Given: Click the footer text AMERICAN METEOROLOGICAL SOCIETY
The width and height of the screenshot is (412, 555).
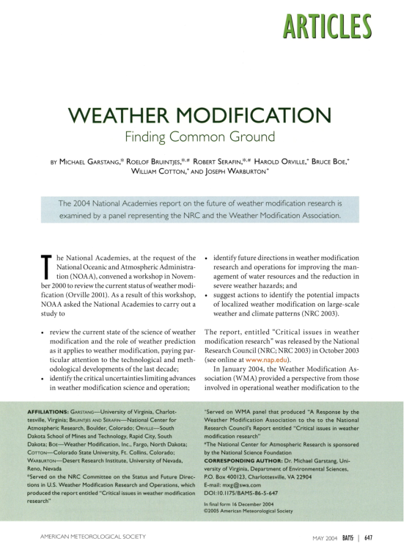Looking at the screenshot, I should pyautogui.click(x=83, y=536).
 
